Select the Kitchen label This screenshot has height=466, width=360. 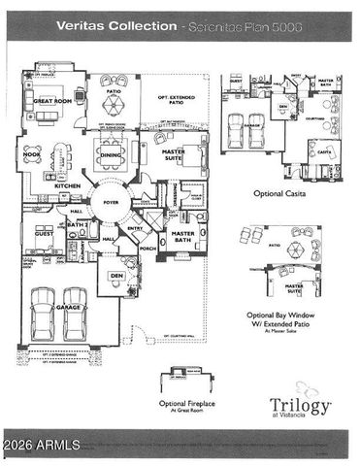pyautogui.click(x=68, y=185)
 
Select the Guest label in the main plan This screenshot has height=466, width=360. pyautogui.click(x=44, y=234)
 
